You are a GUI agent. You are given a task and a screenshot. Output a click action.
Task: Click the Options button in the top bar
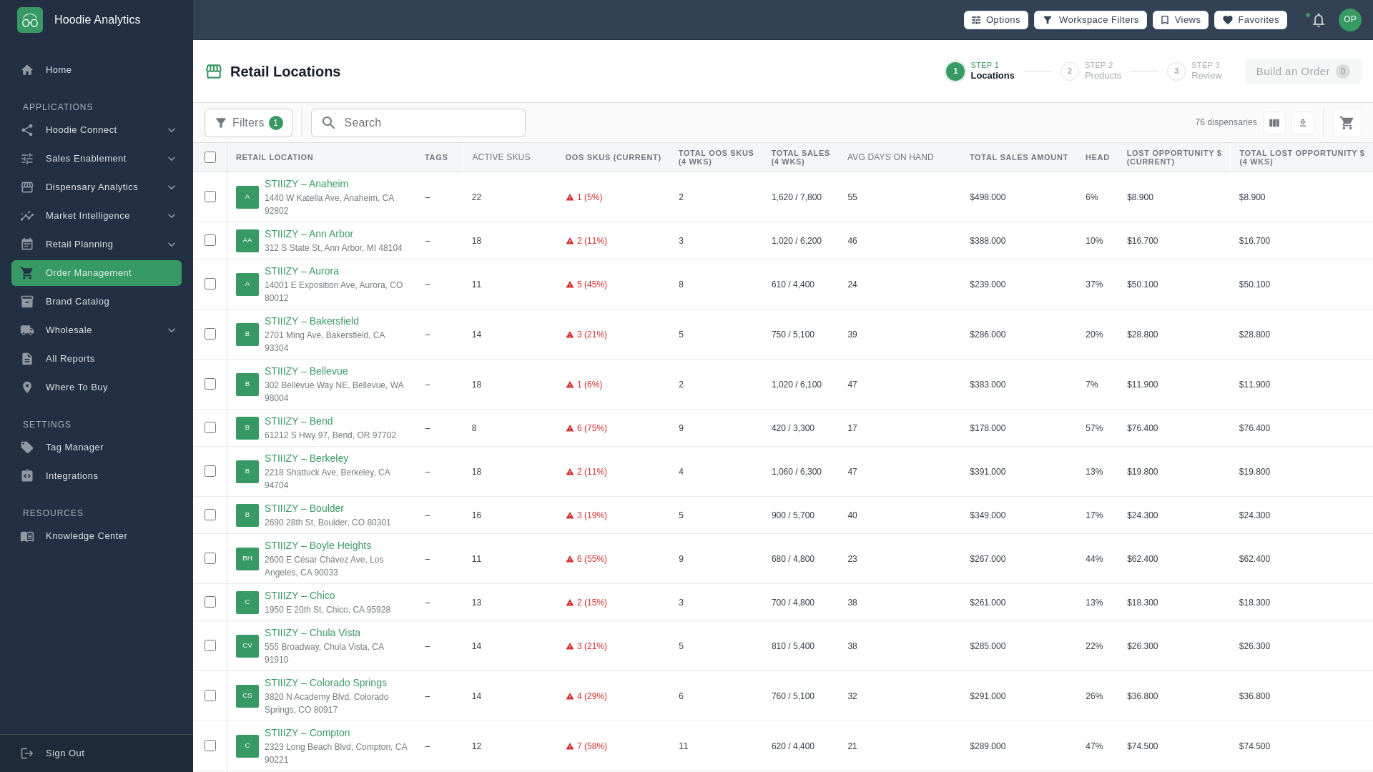(x=995, y=20)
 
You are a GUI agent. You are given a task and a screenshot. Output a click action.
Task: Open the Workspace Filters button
(x=1090, y=20)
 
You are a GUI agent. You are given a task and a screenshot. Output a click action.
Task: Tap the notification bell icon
(x=1319, y=20)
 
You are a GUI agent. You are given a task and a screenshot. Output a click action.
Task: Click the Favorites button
(x=1250, y=20)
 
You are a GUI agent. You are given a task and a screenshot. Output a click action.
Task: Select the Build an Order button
(x=1302, y=71)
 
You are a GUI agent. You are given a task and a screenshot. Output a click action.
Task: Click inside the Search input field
(x=429, y=123)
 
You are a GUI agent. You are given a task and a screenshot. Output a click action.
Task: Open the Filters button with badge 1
(x=248, y=123)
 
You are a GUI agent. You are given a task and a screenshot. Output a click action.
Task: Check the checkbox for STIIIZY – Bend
(x=210, y=427)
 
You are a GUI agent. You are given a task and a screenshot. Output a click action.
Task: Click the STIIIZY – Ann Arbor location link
(x=309, y=234)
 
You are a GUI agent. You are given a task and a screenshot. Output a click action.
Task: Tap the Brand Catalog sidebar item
(x=77, y=302)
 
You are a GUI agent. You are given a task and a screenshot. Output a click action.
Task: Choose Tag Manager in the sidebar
(x=74, y=447)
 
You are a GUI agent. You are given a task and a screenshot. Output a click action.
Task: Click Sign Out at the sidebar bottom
(x=64, y=753)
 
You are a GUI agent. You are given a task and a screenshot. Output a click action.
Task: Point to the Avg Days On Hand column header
(x=890, y=157)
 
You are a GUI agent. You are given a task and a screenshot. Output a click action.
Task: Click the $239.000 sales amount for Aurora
(x=988, y=284)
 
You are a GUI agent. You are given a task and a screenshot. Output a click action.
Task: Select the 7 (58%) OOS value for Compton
(x=591, y=746)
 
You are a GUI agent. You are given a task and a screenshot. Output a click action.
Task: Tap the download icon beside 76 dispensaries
(x=1303, y=123)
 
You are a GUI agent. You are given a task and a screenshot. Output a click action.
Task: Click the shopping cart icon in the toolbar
(x=1347, y=123)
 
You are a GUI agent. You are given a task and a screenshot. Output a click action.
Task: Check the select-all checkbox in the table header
(x=210, y=157)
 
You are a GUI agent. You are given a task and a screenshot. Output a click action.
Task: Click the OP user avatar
(x=1349, y=20)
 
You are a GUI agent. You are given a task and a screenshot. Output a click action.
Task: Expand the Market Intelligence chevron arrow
(x=172, y=216)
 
